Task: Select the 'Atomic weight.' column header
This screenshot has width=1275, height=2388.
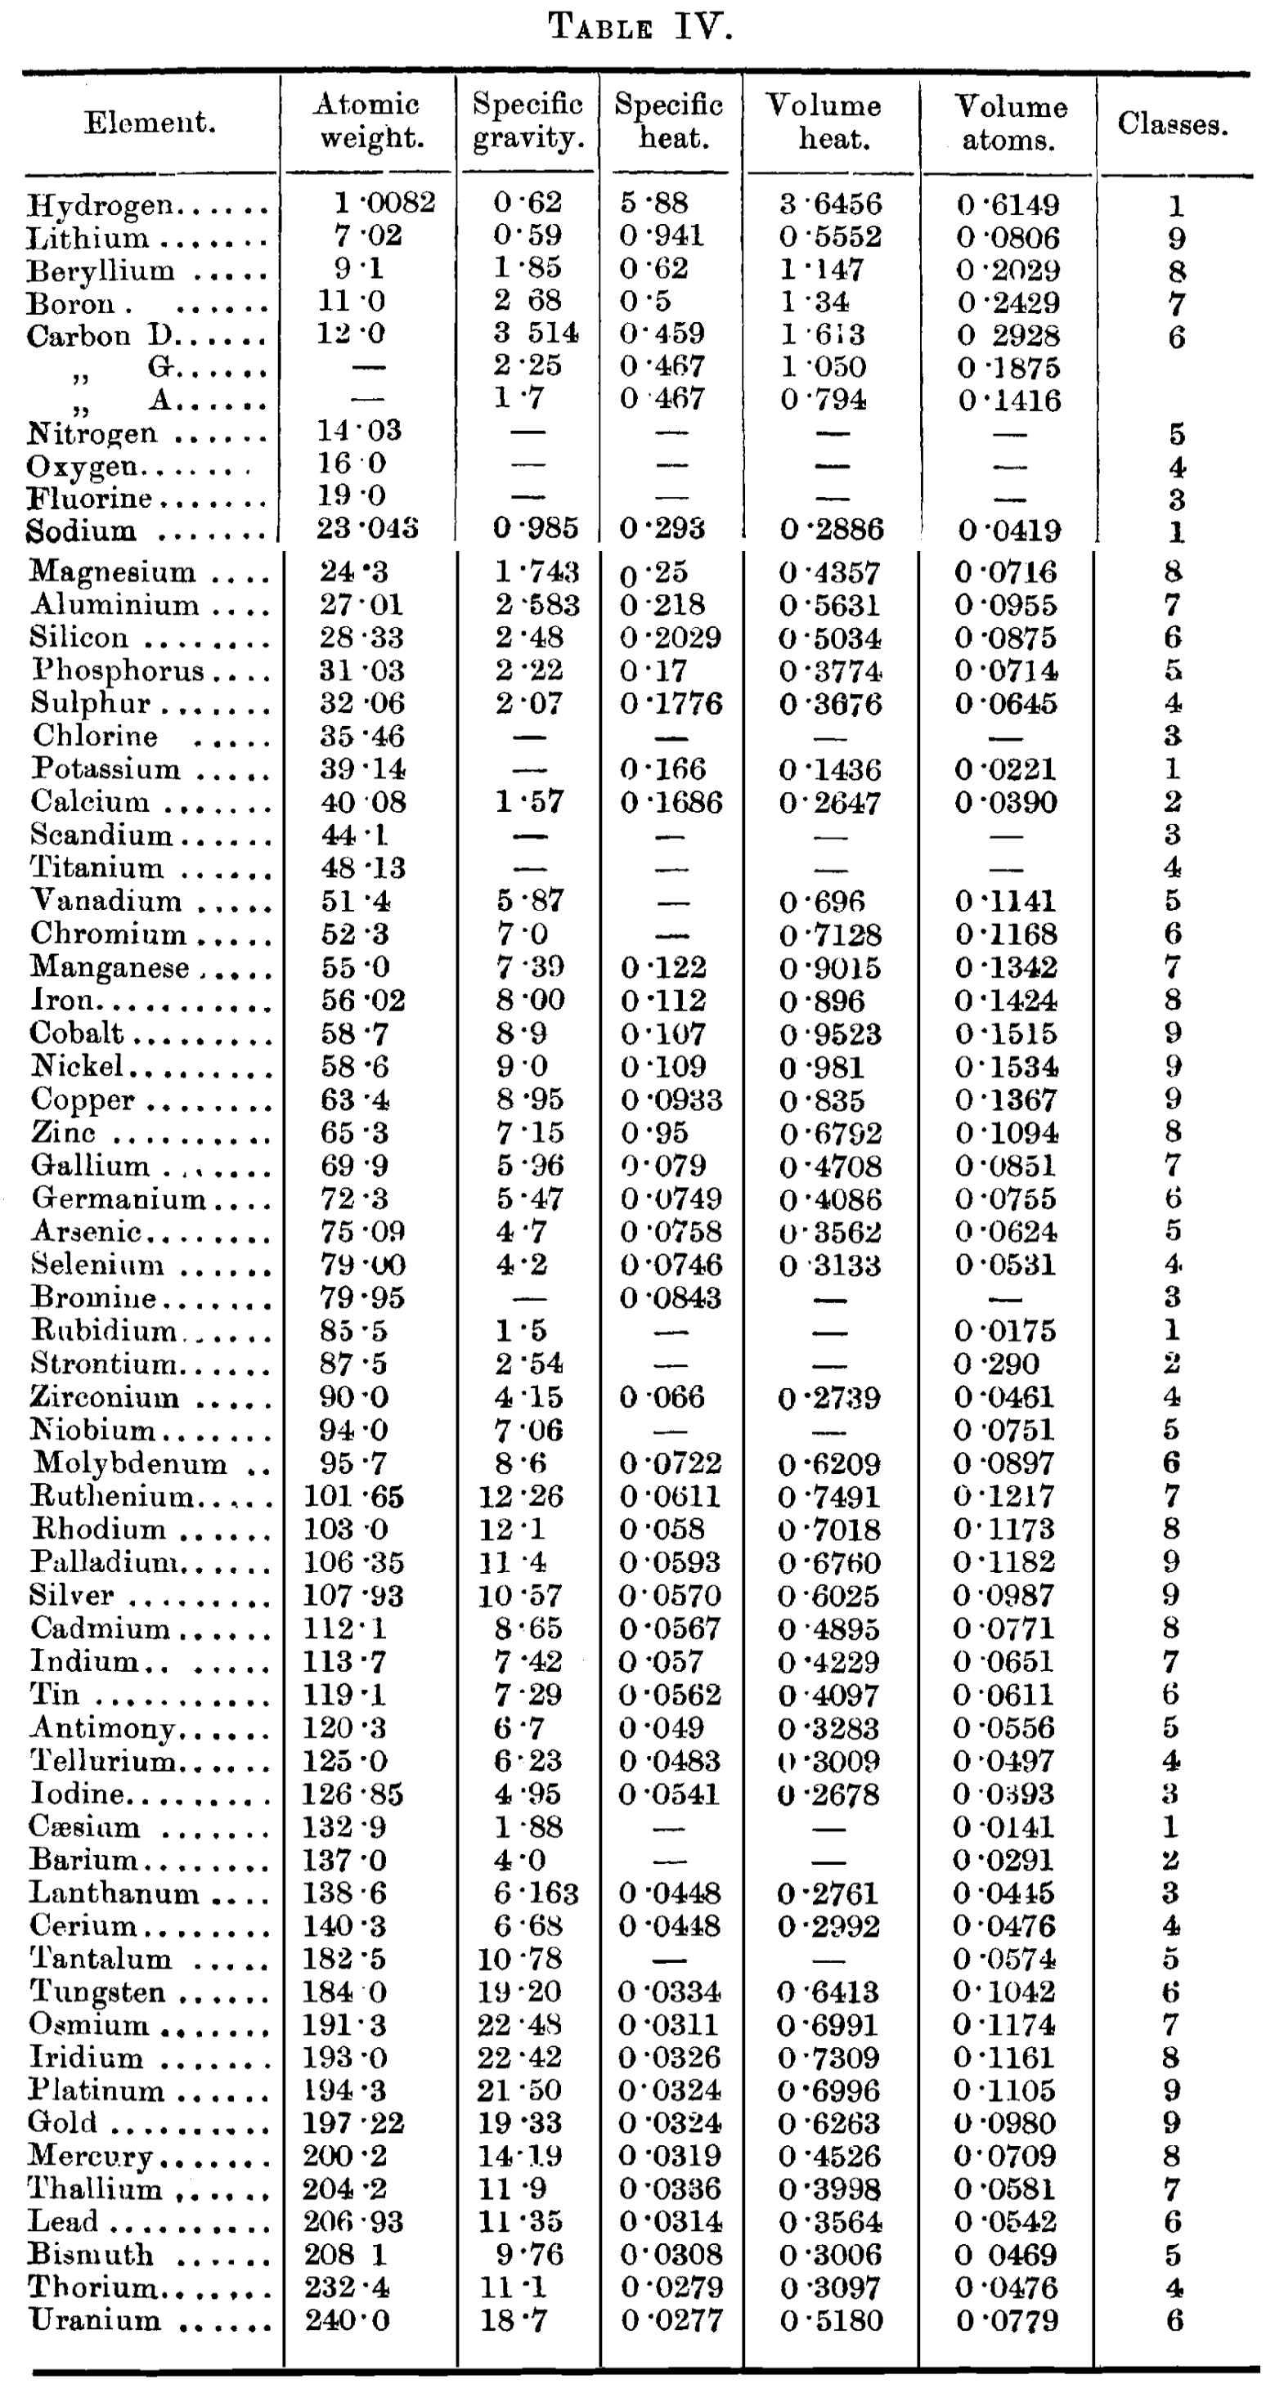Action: coord(369,122)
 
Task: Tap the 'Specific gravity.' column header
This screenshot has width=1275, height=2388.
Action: coord(528,122)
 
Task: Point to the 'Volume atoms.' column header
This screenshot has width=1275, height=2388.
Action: coord(1010,123)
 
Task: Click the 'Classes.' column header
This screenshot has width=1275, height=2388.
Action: coord(1172,124)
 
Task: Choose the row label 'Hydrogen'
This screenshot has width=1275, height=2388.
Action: coord(100,205)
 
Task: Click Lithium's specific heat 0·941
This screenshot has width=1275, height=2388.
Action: coord(662,235)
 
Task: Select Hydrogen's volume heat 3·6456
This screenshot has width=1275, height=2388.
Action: coord(830,204)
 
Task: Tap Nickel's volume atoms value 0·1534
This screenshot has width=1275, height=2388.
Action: coord(1007,1066)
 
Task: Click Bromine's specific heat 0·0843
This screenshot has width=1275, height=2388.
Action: coord(671,1298)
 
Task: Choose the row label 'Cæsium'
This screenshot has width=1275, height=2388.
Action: coord(84,1826)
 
